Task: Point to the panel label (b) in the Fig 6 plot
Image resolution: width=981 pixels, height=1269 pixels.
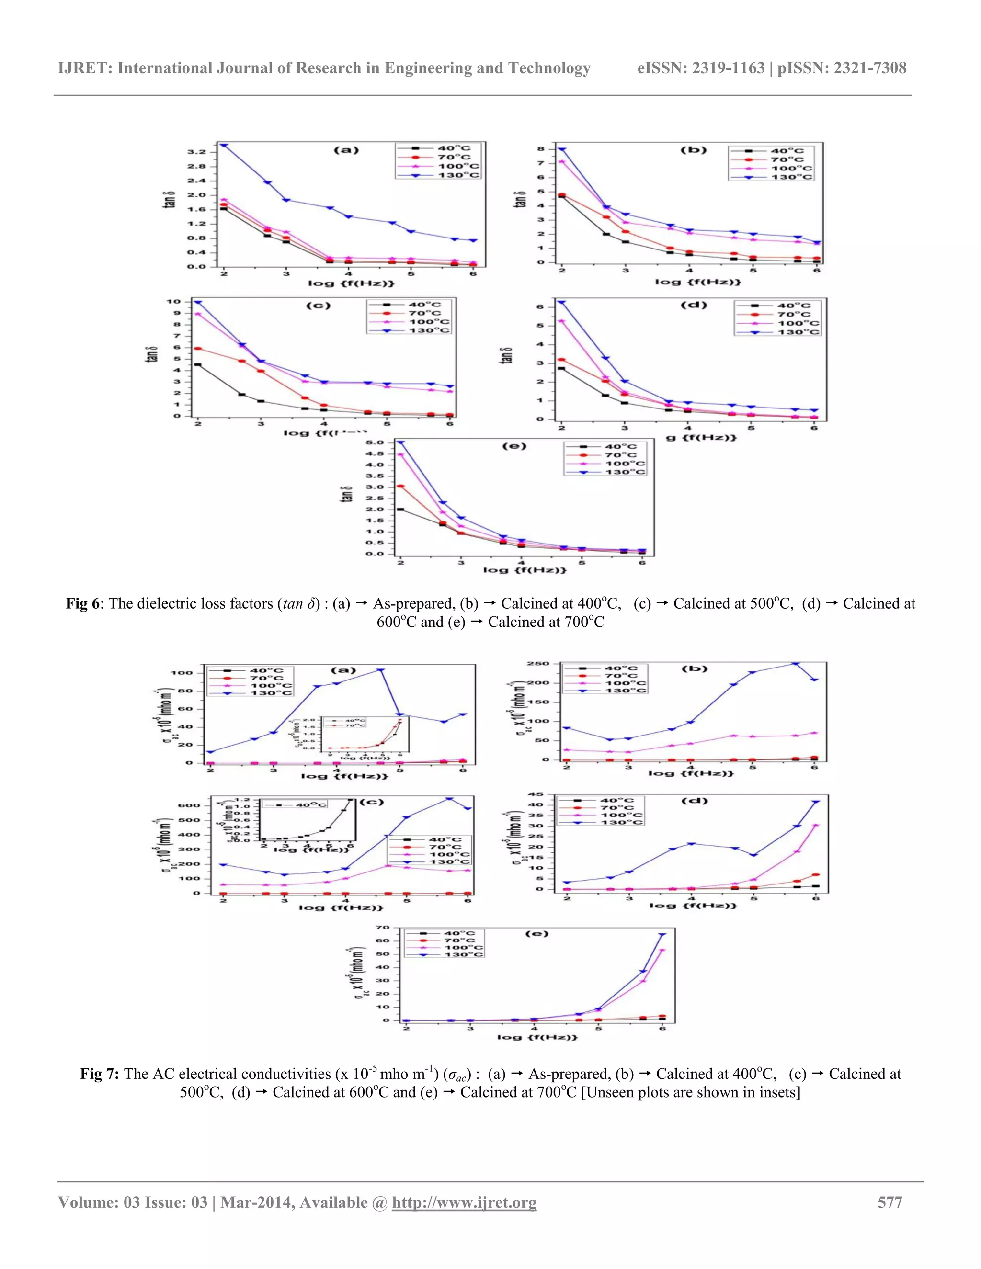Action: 693,150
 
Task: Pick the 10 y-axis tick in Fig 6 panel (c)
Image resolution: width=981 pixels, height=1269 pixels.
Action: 173,302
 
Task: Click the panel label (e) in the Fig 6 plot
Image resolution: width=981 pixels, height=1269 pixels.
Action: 514,446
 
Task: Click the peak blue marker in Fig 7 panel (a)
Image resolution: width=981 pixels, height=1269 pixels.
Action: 381,670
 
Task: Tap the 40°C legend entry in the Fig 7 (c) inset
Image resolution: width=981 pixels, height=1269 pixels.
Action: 311,805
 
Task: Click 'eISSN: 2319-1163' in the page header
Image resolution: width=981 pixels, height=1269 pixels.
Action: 700,68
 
